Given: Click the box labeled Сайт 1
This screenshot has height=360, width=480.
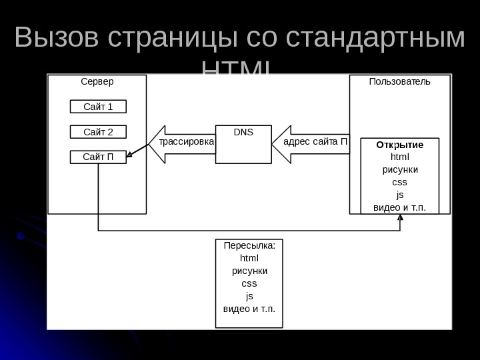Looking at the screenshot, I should (98, 107).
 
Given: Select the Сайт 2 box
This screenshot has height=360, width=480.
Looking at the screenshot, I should (98, 131).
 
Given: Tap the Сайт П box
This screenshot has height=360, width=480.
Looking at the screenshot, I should (98, 157).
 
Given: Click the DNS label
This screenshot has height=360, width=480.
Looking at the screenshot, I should (244, 132).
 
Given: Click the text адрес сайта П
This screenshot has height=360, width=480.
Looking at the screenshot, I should (315, 142).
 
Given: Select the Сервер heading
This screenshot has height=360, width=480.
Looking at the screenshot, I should (97, 82).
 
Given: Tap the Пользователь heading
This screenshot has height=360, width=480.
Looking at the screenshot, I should (400, 82).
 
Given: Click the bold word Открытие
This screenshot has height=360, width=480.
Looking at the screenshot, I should (400, 145).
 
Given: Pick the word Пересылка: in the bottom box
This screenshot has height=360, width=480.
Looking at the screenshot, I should (249, 245).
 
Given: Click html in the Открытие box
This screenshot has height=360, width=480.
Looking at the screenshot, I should (400, 157).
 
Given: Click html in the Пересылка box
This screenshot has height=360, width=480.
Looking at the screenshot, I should (249, 258).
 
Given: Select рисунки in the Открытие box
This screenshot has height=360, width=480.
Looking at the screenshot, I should (400, 169).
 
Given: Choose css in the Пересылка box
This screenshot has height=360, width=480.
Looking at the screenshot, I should (249, 283).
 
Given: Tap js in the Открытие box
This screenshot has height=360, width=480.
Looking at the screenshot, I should (400, 195).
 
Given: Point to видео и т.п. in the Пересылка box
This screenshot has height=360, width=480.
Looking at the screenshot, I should (249, 309).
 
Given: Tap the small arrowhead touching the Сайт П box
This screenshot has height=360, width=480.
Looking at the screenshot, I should (130, 156).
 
